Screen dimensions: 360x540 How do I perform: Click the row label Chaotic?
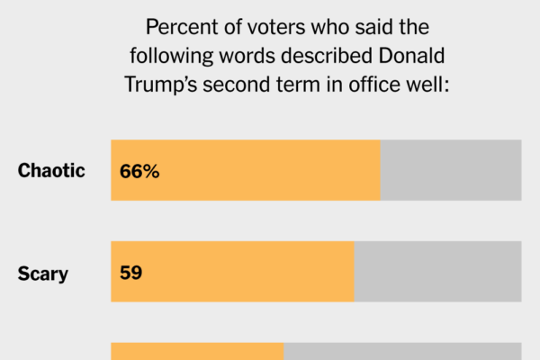pos(51,170)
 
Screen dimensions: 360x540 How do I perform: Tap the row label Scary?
pos(43,273)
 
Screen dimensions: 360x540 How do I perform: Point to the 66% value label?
pos(139,171)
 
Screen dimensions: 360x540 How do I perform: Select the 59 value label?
pos(131,272)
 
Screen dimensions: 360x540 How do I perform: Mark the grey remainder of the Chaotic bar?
pos(451,170)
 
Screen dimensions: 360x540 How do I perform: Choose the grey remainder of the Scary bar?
pos(437,272)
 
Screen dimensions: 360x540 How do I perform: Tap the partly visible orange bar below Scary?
pos(197,351)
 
